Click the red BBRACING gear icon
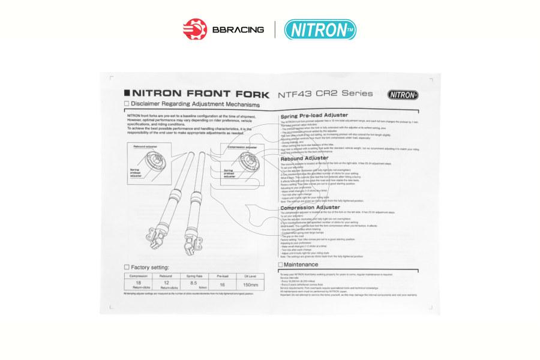194,29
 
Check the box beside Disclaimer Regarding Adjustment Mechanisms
127,103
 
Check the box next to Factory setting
127,267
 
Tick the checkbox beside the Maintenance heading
280,264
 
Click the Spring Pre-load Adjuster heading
314,115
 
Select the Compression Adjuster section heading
310,208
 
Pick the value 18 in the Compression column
138,282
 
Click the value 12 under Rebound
166,282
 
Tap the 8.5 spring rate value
194,282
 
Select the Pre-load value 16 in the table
223,284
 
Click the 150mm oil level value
250,284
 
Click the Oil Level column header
250,276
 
